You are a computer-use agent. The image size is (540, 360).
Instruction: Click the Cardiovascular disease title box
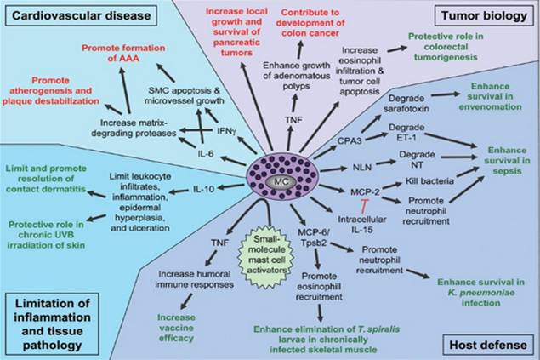click(81, 15)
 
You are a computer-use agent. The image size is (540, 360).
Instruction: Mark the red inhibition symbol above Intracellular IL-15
click(363, 204)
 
